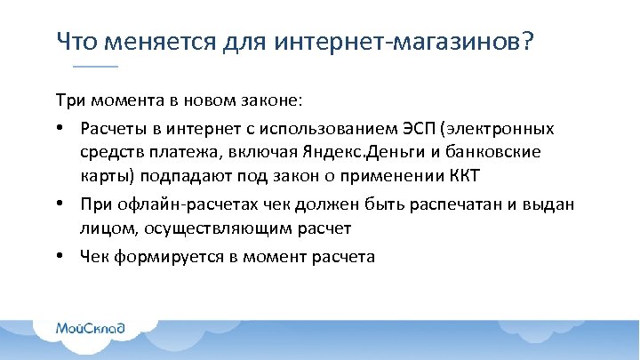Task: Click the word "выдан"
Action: pyautogui.click(x=551, y=205)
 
